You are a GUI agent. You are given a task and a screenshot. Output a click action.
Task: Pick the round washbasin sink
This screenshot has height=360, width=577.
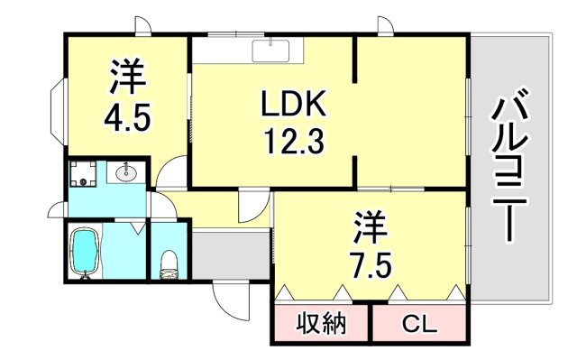[x=126, y=171]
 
